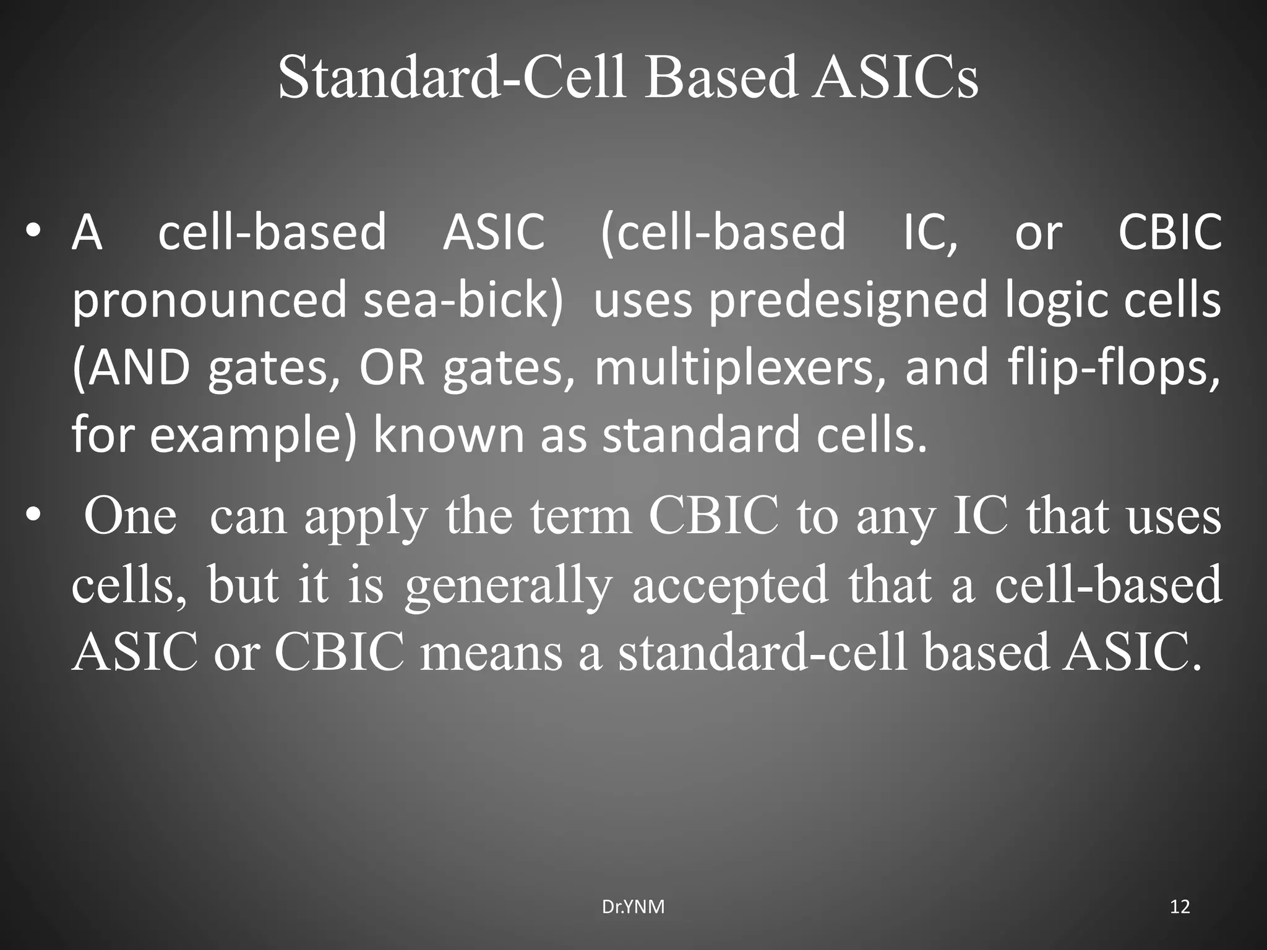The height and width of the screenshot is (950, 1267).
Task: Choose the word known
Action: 449,435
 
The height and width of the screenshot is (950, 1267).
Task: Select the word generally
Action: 508,586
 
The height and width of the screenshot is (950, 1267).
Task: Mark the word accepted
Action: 730,586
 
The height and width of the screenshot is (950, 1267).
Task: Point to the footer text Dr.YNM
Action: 633,907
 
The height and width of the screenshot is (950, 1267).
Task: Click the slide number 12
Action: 1180,907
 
